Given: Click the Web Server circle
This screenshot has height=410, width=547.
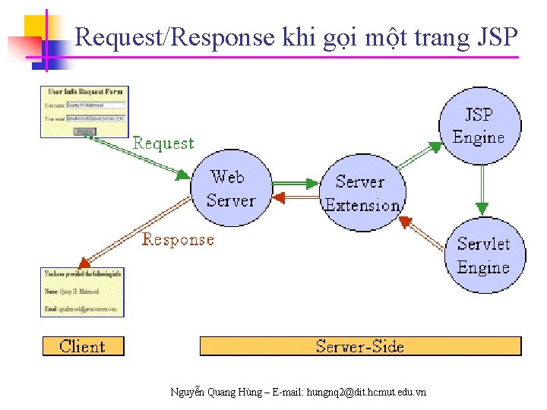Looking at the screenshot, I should click(230, 189).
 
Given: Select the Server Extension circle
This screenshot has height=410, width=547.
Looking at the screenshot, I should click(363, 193).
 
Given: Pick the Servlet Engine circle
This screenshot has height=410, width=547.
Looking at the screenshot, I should click(484, 255).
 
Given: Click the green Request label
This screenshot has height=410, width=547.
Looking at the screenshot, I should click(163, 143).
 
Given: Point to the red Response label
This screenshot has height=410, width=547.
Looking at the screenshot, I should click(178, 240).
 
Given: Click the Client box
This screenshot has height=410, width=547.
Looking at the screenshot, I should click(83, 346).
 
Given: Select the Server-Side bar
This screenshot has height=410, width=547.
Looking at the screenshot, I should click(360, 346).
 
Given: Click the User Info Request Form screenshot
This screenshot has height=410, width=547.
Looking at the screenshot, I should click(84, 112).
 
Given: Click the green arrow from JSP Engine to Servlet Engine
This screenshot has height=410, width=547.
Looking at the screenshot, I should click(481, 190).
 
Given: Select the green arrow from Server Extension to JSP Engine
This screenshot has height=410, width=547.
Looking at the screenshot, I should click(419, 155).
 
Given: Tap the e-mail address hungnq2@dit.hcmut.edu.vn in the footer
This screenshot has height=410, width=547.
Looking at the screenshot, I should click(365, 392).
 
